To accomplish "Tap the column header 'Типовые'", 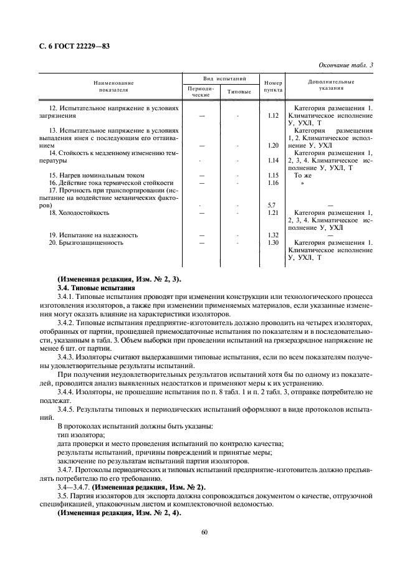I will click(x=239, y=92).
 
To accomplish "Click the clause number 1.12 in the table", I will click(x=272, y=116).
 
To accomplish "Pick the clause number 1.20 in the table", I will click(x=272, y=145).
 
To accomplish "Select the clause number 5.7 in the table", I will click(x=272, y=205).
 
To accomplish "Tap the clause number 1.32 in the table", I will click(x=272, y=235).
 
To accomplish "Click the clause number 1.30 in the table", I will click(x=272, y=242).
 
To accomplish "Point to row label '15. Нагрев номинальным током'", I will click(x=97, y=175).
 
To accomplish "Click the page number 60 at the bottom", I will click(x=205, y=531).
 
